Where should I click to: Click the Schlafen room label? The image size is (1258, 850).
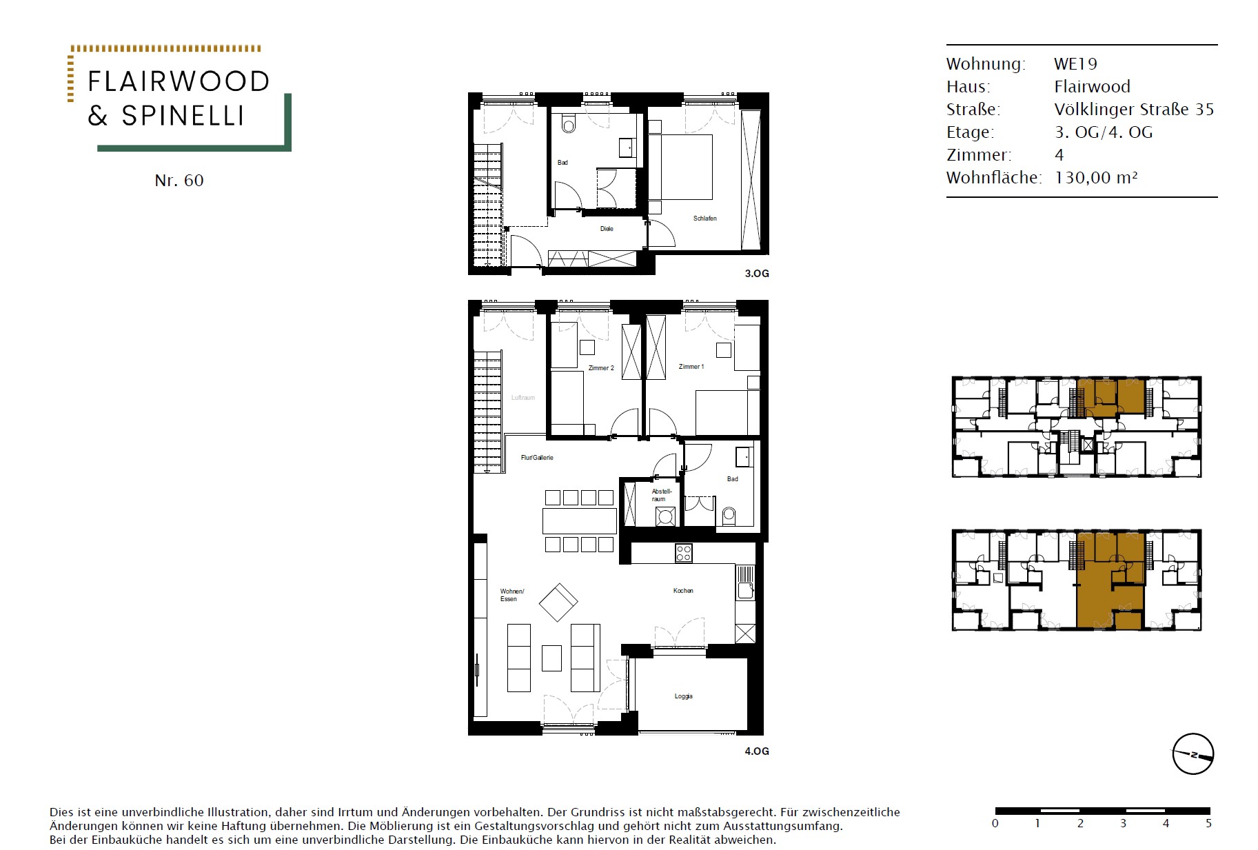tap(704, 219)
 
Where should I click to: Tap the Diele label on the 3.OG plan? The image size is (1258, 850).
tap(607, 229)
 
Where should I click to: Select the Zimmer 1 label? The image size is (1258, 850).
tap(691, 367)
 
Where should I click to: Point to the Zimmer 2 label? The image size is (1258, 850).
tap(601, 368)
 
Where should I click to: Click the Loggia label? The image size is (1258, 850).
tap(683, 696)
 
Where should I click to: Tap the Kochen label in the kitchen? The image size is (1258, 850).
tap(683, 591)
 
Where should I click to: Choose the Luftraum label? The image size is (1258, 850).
tap(523, 398)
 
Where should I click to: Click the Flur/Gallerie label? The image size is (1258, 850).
tap(537, 458)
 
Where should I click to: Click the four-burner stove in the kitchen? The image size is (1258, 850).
tap(683, 553)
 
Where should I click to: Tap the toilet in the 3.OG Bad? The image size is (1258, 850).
tap(569, 123)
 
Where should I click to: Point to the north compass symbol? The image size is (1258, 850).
tap(1193, 754)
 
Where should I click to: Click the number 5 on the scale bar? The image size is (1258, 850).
tap(1208, 823)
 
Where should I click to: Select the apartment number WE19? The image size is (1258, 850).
tap(1075, 64)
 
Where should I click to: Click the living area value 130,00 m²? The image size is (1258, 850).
tap(1096, 178)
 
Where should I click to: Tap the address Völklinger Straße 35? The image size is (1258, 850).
tap(1134, 110)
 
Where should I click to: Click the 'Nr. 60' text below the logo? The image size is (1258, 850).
tap(179, 181)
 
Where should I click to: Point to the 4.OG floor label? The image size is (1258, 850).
tap(757, 751)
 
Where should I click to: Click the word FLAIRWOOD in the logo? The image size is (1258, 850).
tap(179, 81)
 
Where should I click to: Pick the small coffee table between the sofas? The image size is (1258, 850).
tap(551, 658)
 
